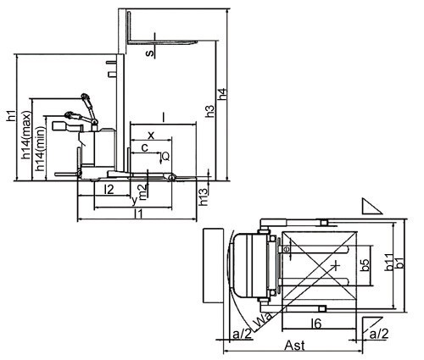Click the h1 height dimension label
12,116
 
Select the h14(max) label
26,135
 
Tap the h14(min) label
40,149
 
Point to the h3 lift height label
209,111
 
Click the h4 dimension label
222,94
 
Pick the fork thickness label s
151,53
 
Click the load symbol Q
165,156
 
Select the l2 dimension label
109,189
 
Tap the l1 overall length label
137,213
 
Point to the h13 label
204,197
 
